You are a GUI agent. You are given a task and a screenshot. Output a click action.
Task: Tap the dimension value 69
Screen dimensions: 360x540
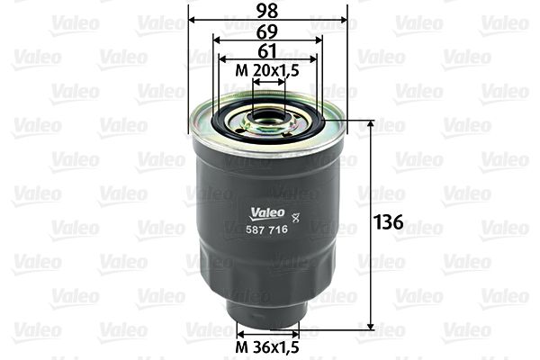coord(268,30)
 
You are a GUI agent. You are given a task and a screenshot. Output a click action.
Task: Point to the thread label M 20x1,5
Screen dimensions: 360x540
coord(268,69)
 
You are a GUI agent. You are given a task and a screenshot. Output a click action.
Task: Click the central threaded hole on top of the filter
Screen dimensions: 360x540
coord(267,115)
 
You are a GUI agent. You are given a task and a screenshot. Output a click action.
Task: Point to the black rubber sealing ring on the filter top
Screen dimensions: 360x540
coord(268,127)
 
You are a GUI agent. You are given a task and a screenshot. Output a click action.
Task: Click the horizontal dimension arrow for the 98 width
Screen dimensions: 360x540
coord(268,20)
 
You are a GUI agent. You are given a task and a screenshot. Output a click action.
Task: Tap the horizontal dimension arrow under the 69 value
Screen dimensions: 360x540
coord(268,40)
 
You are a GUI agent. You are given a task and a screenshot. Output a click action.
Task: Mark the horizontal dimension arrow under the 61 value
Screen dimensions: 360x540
coord(268,59)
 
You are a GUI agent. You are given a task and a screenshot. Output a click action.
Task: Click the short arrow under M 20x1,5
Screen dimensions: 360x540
coord(268,81)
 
